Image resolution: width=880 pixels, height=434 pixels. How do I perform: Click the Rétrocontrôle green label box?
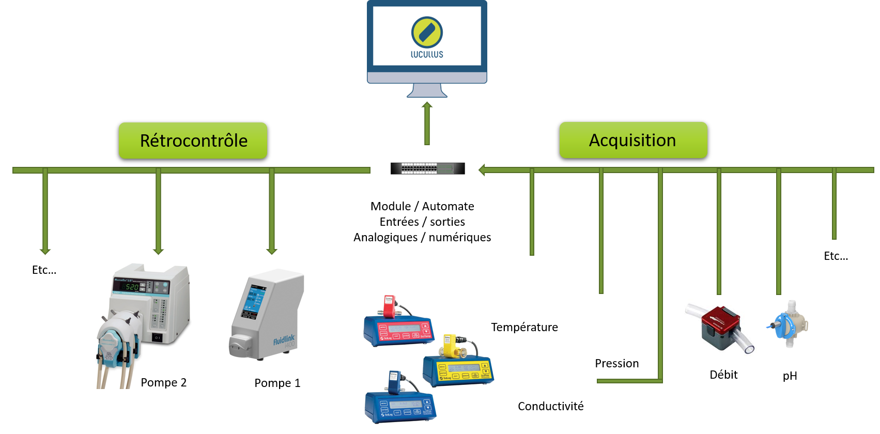(193, 141)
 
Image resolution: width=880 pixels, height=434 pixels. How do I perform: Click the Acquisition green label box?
(633, 140)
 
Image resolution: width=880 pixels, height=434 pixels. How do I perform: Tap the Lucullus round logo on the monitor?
(427, 32)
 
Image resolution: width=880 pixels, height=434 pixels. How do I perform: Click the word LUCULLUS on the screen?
(427, 54)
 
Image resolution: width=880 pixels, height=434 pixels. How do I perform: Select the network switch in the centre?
(428, 168)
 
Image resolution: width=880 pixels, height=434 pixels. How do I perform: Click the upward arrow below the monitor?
(427, 123)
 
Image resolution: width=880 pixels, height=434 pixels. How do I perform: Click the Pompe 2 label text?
(163, 382)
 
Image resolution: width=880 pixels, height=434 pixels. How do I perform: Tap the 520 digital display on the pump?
(131, 287)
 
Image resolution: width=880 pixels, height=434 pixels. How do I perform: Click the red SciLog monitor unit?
(398, 328)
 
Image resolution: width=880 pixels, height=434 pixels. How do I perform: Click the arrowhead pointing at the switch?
(482, 169)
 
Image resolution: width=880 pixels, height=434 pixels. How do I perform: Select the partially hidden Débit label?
(723, 373)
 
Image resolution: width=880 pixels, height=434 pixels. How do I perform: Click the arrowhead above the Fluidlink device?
(272, 252)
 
